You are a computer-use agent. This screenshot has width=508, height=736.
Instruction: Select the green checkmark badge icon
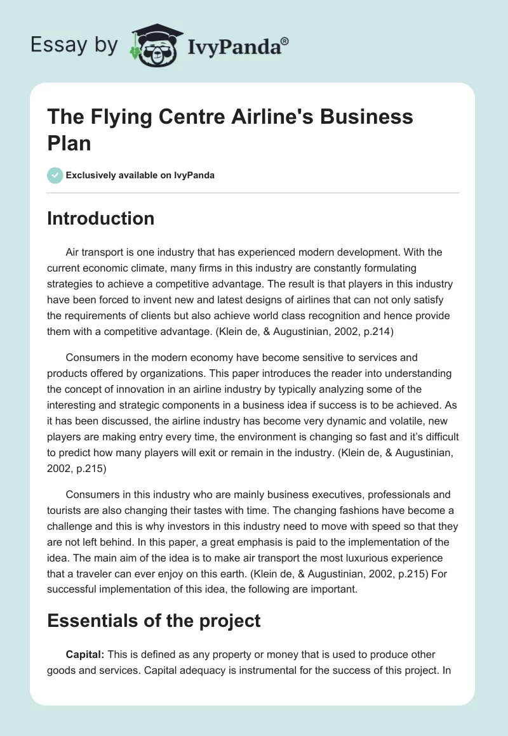click(x=55, y=175)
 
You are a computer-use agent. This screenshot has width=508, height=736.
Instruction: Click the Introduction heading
click(x=101, y=218)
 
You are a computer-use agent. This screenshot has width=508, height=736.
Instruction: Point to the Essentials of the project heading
click(x=154, y=621)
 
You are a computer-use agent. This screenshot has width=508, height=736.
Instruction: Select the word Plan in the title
click(x=69, y=142)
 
